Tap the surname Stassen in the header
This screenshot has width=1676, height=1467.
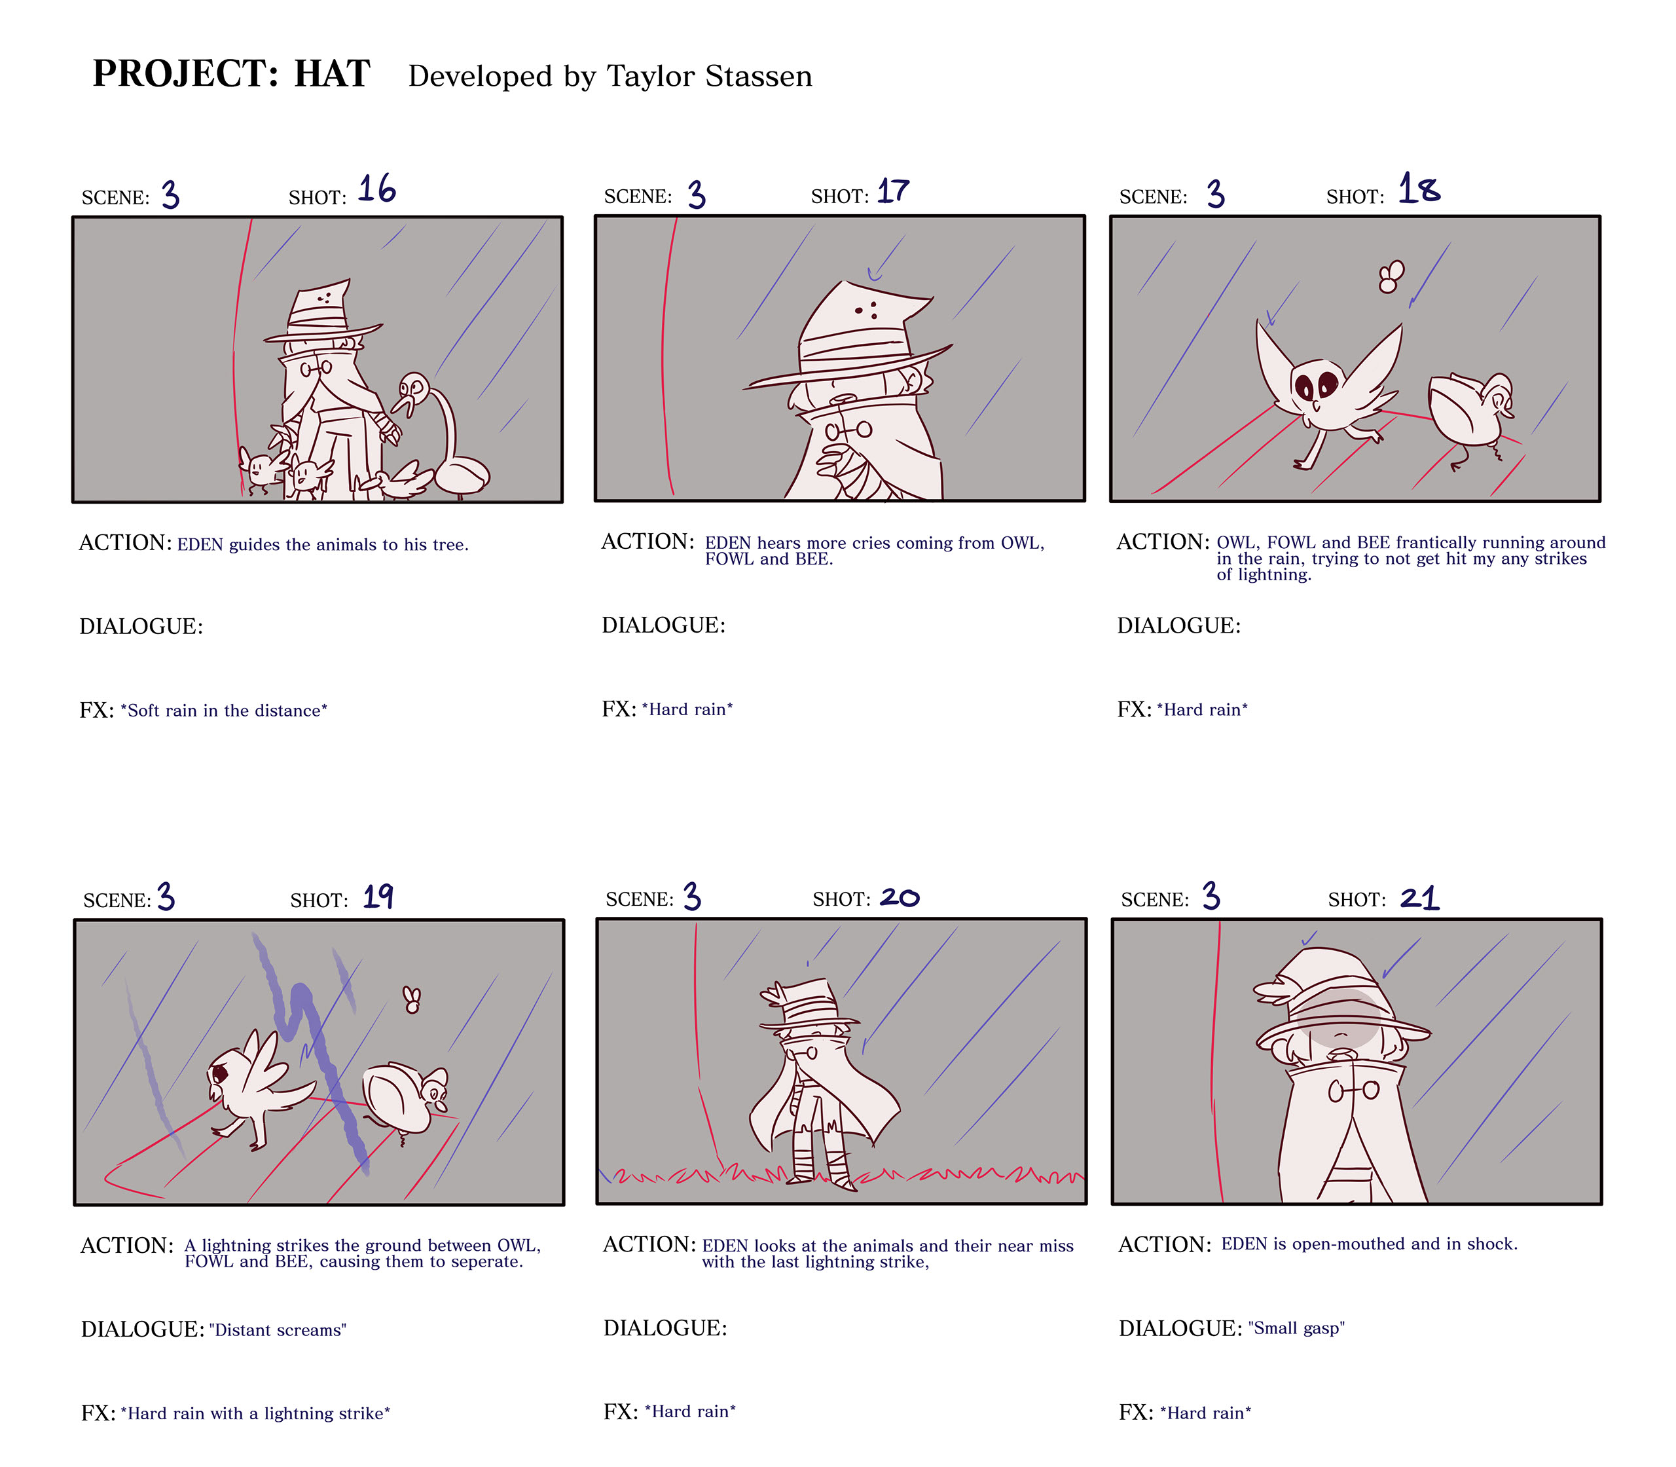point(759,76)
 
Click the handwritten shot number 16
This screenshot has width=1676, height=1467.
point(377,189)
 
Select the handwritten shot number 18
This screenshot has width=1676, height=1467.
point(1419,189)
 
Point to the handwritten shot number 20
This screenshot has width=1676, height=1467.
point(900,897)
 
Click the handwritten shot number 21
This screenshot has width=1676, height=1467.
point(1420,898)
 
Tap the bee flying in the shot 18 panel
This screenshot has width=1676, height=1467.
point(1391,276)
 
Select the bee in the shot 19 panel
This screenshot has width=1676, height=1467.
point(412,999)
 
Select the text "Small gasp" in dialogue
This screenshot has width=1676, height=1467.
point(1296,1329)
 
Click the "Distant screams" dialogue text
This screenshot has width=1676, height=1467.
point(278,1330)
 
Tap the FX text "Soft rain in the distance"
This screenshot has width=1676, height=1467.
point(224,711)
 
